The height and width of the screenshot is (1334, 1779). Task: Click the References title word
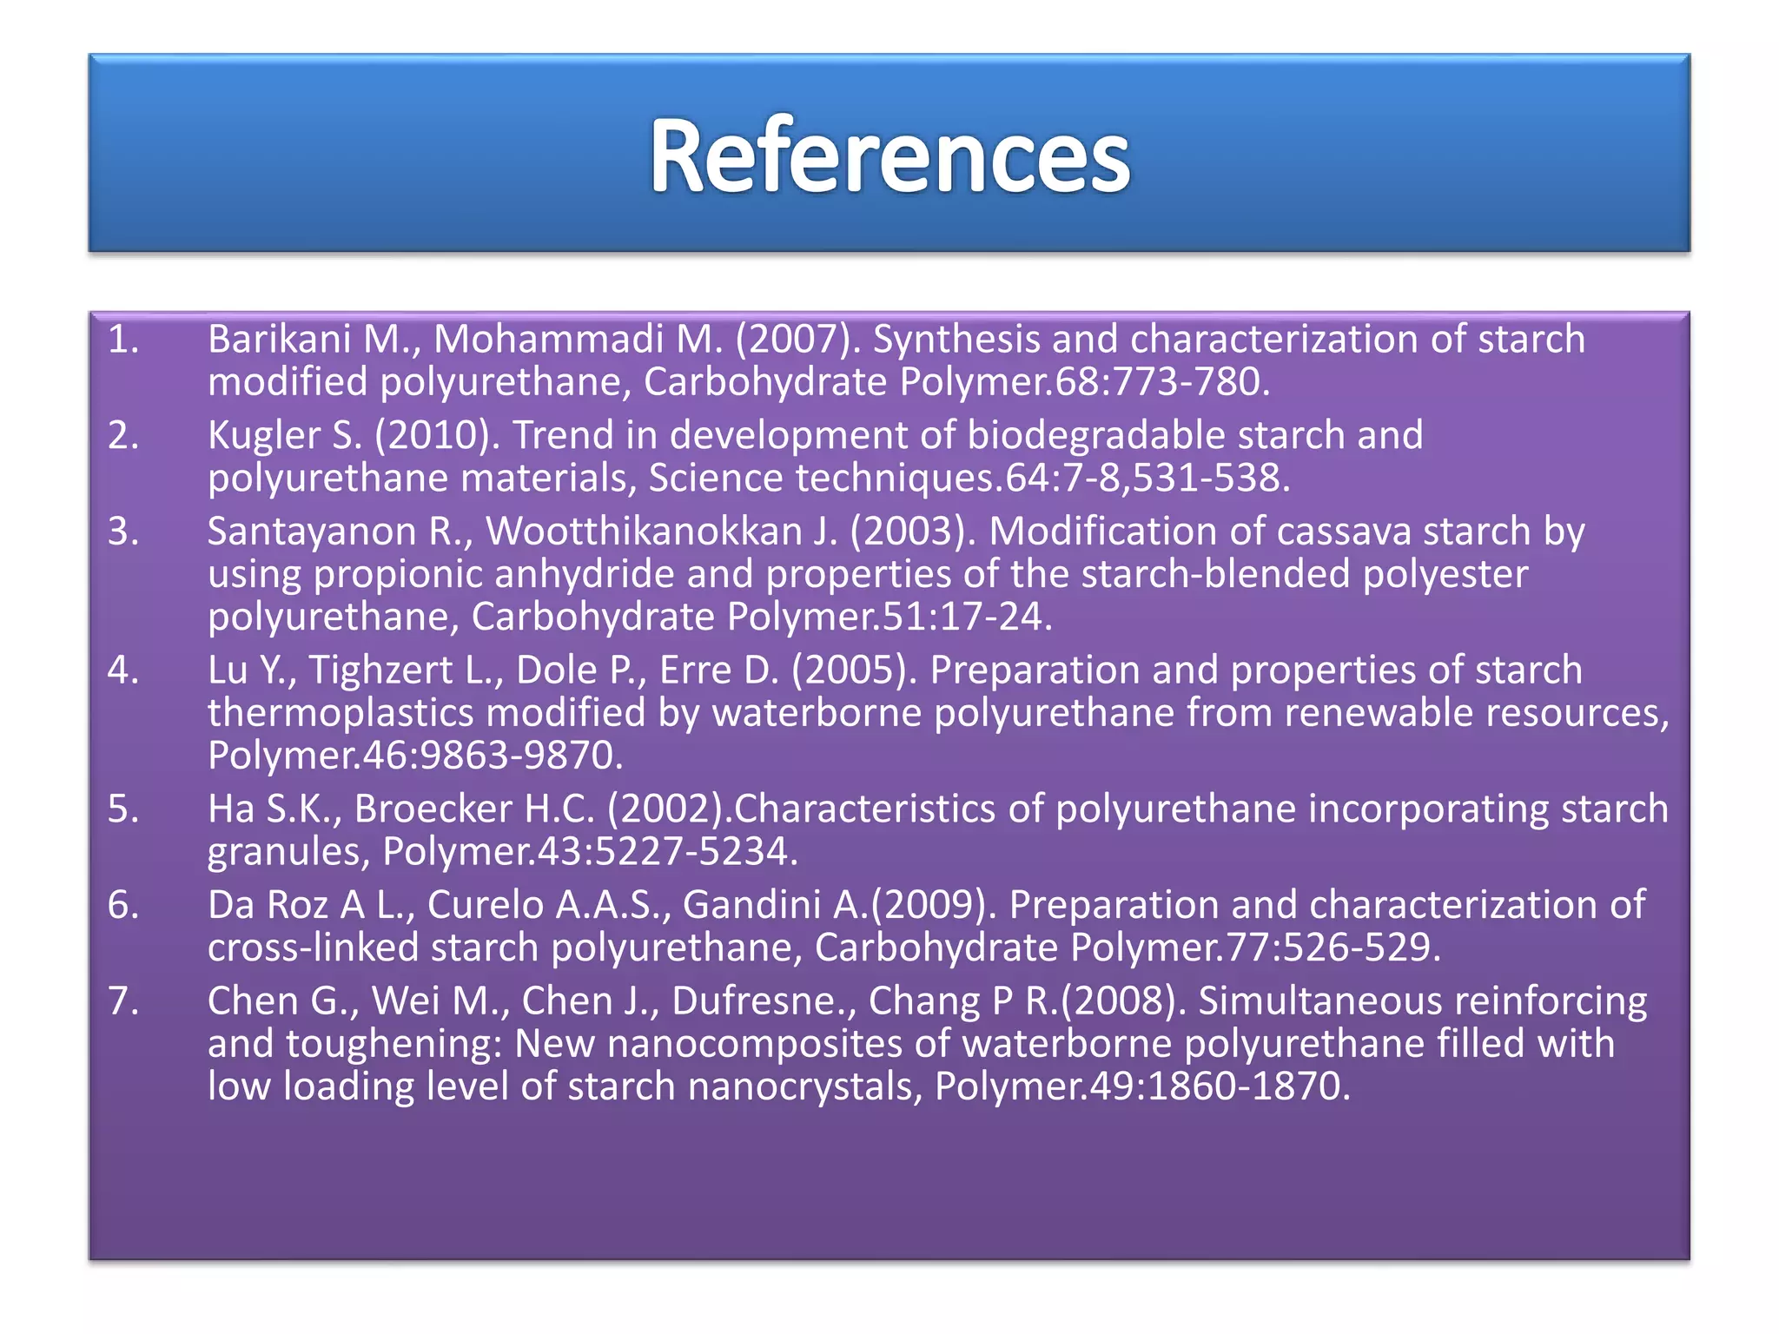pos(889,156)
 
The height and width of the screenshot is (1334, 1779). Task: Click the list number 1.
pos(122,340)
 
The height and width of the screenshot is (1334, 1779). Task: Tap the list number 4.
pos(122,670)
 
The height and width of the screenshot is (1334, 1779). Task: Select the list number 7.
pos(122,1001)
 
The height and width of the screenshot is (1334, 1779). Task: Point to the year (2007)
pos(797,340)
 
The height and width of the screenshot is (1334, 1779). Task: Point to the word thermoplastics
pos(341,714)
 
